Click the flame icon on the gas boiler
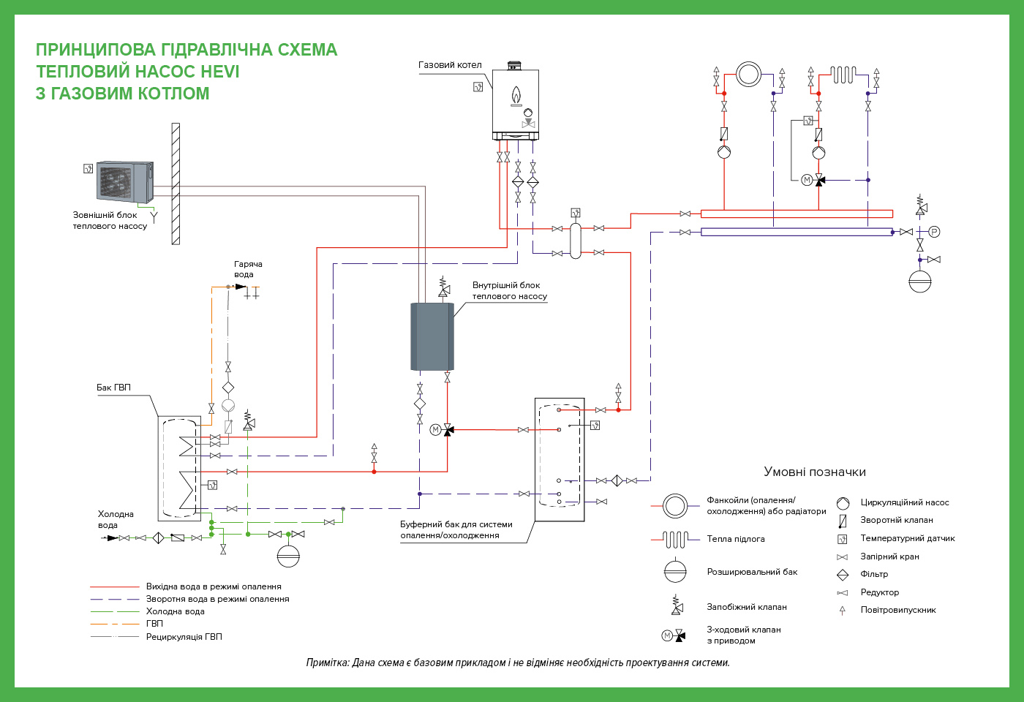tap(516, 96)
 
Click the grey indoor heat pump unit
tap(432, 336)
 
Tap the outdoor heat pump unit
tap(125, 181)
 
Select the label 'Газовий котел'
tap(450, 65)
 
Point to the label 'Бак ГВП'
tap(113, 388)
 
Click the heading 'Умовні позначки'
tap(815, 472)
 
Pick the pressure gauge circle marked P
tap(934, 233)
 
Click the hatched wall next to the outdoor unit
tap(176, 184)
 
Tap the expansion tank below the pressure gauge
tap(920, 281)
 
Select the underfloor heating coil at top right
tap(843, 75)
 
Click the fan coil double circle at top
tap(748, 74)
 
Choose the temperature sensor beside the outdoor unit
tap(89, 169)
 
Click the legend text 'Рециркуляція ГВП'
tap(184, 637)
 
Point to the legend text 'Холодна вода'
tap(175, 611)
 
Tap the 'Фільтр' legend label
tap(874, 574)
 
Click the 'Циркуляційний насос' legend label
tap(905, 503)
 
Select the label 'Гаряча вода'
tap(248, 269)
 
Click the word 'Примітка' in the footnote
tap(328, 663)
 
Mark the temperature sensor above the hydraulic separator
tap(576, 213)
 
